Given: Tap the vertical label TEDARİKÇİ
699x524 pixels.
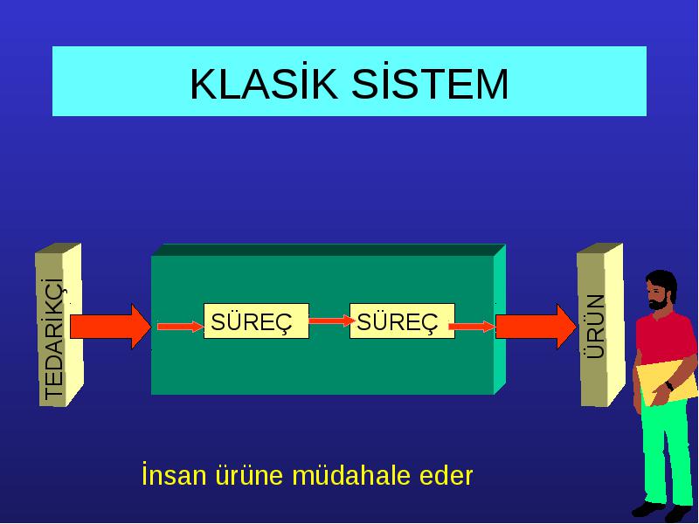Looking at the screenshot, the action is pyautogui.click(x=55, y=339).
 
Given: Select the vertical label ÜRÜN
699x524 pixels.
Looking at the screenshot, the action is pyautogui.click(x=595, y=326).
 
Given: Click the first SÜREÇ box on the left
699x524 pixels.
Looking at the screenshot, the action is pyautogui.click(x=256, y=321).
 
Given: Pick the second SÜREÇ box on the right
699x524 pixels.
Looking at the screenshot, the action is pyautogui.click(x=402, y=321).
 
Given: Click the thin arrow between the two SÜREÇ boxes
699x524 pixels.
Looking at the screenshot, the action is pyautogui.click(x=330, y=321).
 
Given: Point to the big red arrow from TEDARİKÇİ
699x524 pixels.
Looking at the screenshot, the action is pyautogui.click(x=111, y=327).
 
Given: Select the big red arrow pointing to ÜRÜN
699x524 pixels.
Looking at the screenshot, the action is pyautogui.click(x=536, y=327).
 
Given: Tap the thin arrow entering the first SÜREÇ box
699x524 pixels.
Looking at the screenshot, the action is pyautogui.click(x=180, y=327).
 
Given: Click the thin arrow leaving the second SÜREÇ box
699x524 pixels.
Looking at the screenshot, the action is pyautogui.click(x=472, y=327).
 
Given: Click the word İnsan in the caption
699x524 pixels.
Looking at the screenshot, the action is pyautogui.click(x=174, y=474).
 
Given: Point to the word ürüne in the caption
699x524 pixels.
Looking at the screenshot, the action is pyautogui.click(x=249, y=475).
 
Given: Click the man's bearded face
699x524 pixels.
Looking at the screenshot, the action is pyautogui.click(x=659, y=293).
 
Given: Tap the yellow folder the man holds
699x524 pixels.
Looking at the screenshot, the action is pyautogui.click(x=667, y=382).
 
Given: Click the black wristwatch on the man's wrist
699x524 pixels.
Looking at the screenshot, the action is pyautogui.click(x=669, y=386).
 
